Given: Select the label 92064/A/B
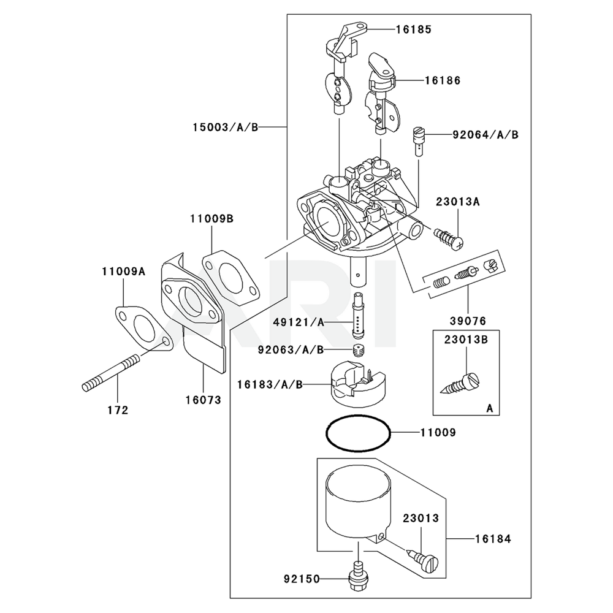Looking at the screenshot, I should click(485, 134).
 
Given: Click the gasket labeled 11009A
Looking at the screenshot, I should click(142, 326).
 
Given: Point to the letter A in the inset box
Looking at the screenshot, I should click(489, 408).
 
